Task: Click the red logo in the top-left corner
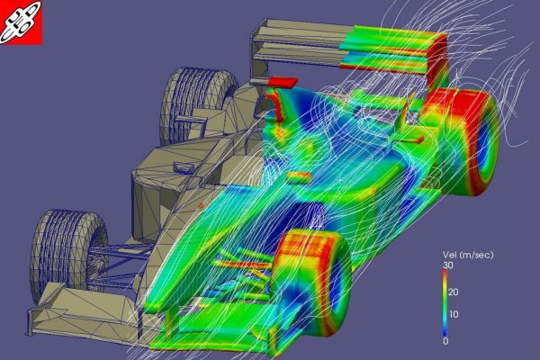(x=21, y=22)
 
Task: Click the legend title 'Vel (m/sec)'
(x=468, y=255)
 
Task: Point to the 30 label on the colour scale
(x=448, y=265)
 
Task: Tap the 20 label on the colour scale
(x=454, y=292)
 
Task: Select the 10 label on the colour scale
(x=454, y=314)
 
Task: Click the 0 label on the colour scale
(x=445, y=341)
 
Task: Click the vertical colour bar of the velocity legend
(x=445, y=302)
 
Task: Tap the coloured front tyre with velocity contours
(x=311, y=286)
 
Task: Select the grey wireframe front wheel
(x=67, y=255)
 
